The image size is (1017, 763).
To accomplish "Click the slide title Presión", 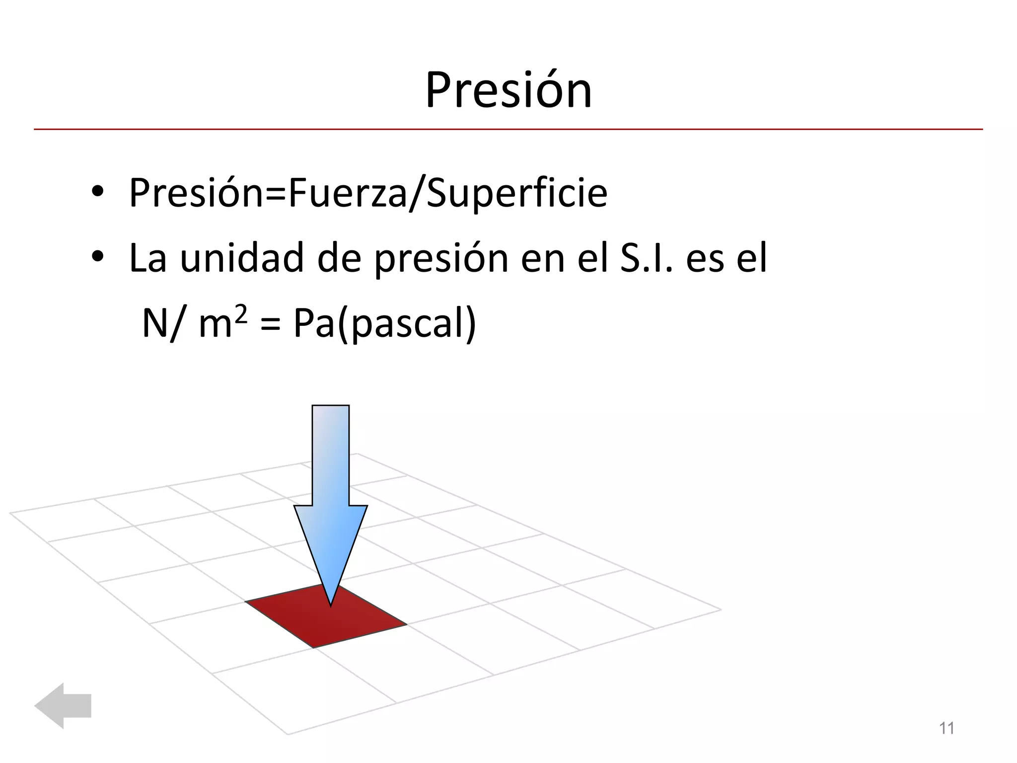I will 508,90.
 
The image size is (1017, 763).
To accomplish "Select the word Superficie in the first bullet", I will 516,193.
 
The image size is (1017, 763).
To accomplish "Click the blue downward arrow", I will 331,487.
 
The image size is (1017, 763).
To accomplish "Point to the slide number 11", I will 946,728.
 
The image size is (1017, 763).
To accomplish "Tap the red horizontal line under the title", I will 508,130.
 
